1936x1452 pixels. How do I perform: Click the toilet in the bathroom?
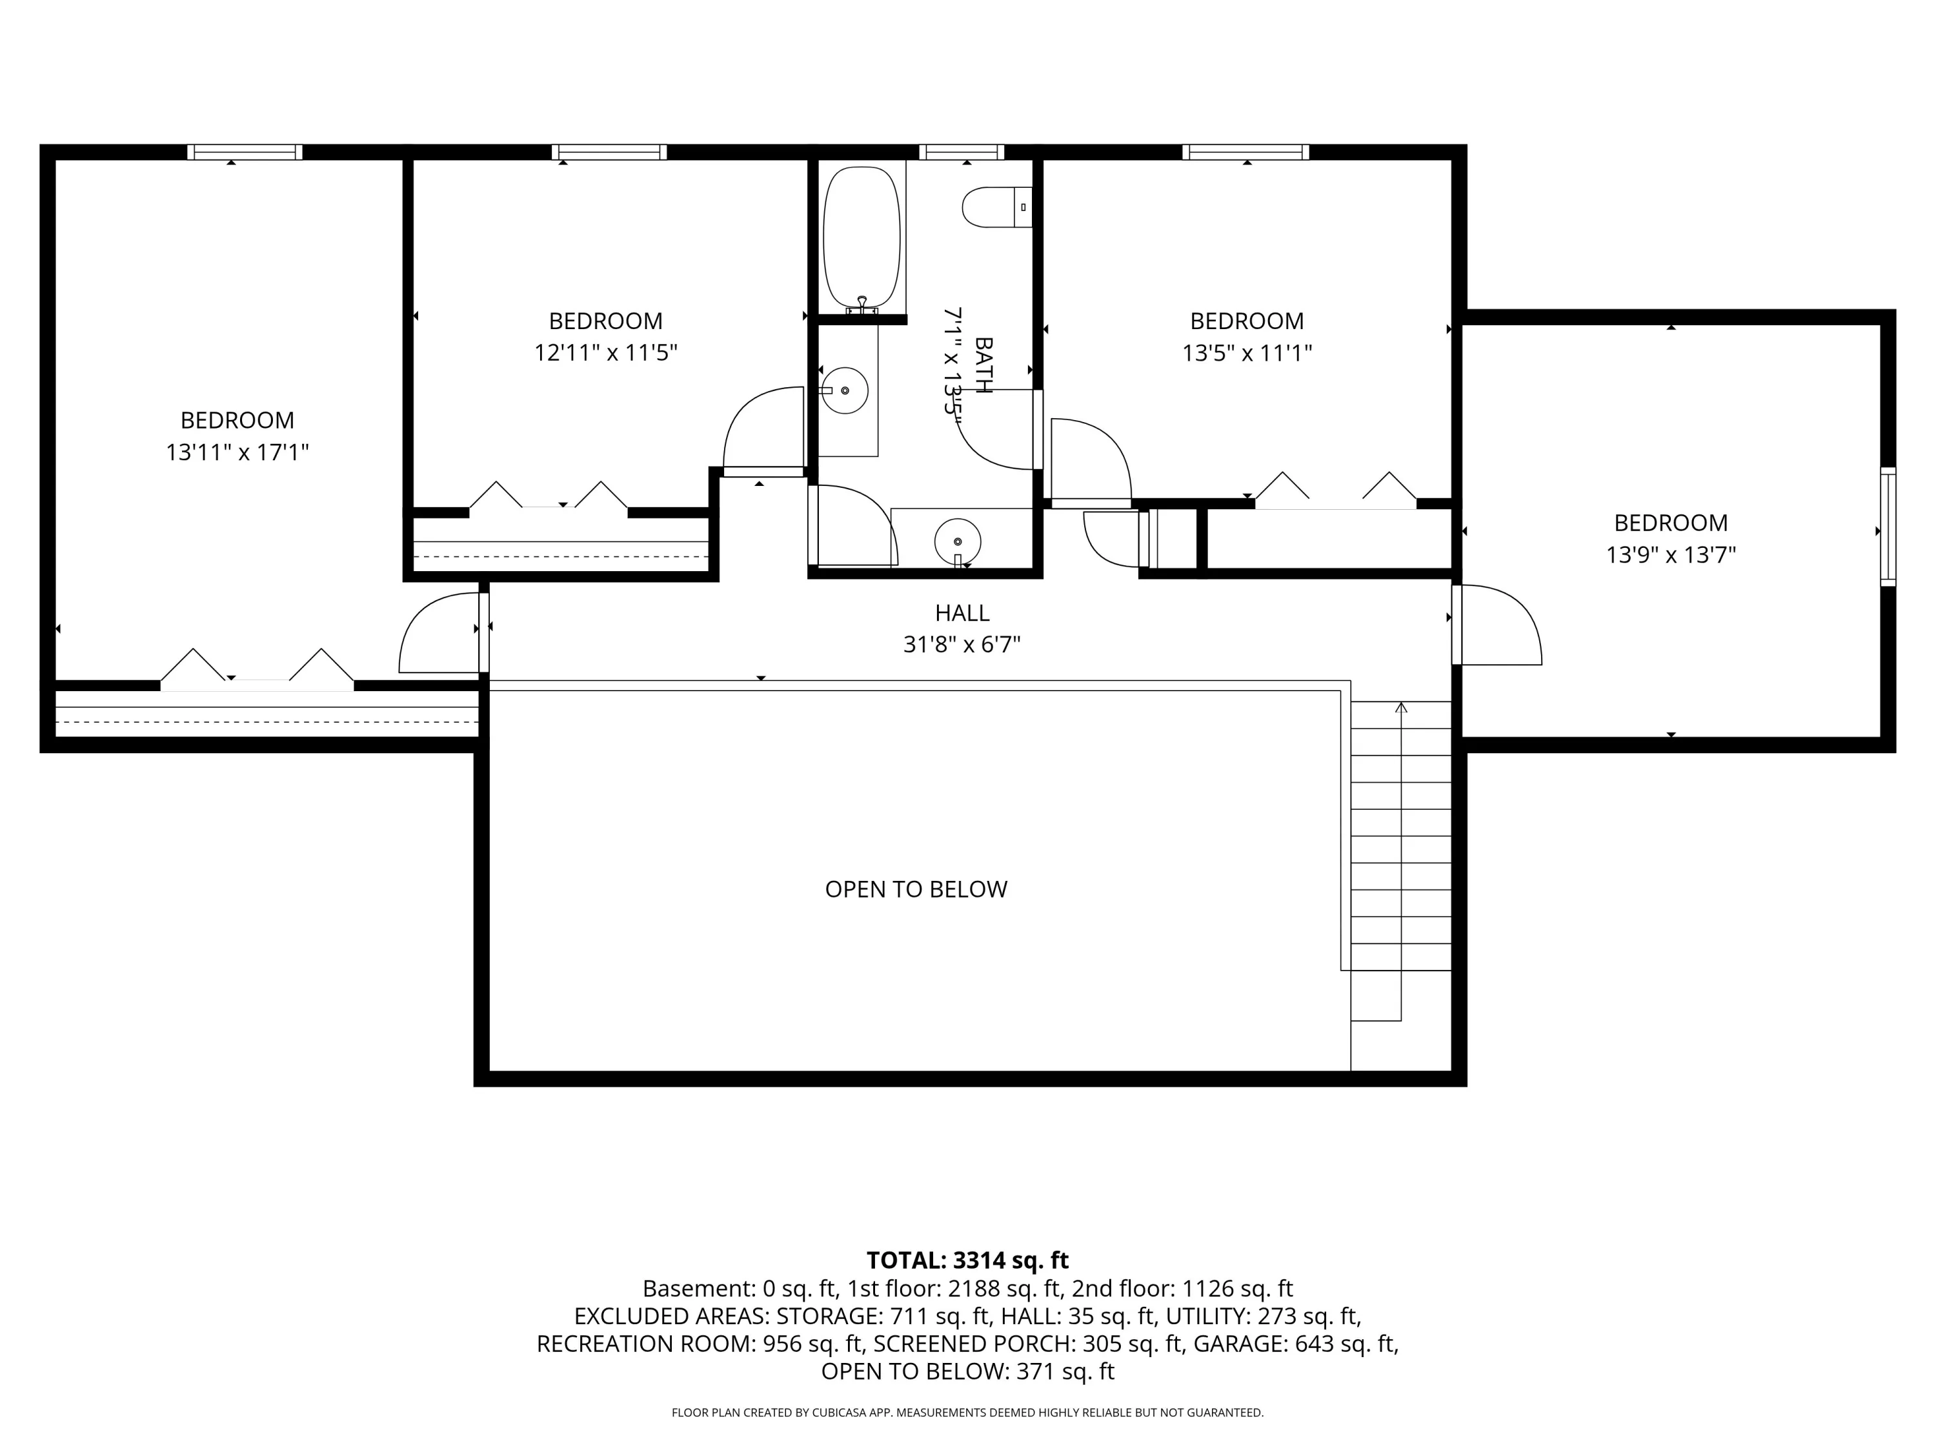pos(997,207)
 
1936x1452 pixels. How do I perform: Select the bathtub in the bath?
pos(862,238)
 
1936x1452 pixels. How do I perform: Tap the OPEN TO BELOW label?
pos(916,889)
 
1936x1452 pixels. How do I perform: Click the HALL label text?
pos(962,612)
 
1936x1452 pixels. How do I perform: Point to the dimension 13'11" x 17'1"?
pos(237,452)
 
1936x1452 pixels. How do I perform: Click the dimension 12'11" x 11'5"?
pos(606,353)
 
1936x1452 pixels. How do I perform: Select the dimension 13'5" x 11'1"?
pos(1247,353)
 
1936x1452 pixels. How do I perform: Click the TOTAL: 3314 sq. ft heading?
pos(967,1260)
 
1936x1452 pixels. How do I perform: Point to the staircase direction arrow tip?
pos(1401,703)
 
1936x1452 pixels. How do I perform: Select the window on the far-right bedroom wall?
pos(1888,527)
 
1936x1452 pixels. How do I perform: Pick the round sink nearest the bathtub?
pos(845,390)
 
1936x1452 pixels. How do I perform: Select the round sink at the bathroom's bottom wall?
pos(958,543)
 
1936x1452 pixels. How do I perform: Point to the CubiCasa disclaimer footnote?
pos(967,1413)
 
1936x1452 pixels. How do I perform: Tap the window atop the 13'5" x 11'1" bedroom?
pos(1245,152)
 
